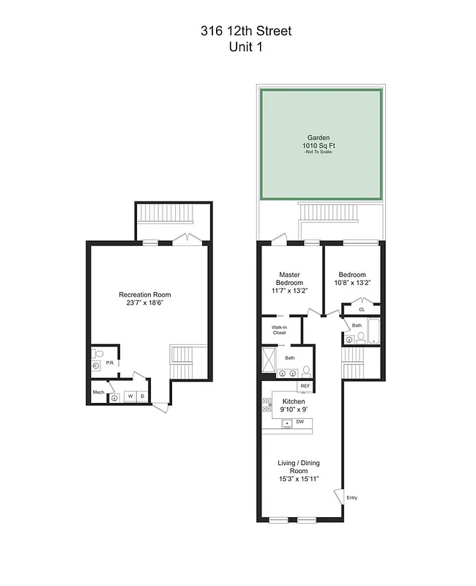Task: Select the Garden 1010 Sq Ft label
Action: tap(319, 141)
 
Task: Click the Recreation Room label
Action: tap(149, 294)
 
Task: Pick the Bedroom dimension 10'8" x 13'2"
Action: tap(352, 283)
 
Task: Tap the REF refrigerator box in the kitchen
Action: tap(305, 386)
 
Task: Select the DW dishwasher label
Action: tap(300, 422)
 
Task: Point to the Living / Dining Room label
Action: tap(298, 467)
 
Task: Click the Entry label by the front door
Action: tap(352, 497)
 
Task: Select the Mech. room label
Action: tap(97, 392)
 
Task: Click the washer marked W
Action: tap(130, 397)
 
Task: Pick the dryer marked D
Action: tap(142, 397)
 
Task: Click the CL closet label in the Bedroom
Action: tap(362, 309)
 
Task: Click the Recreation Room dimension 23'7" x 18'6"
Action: tap(149, 303)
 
